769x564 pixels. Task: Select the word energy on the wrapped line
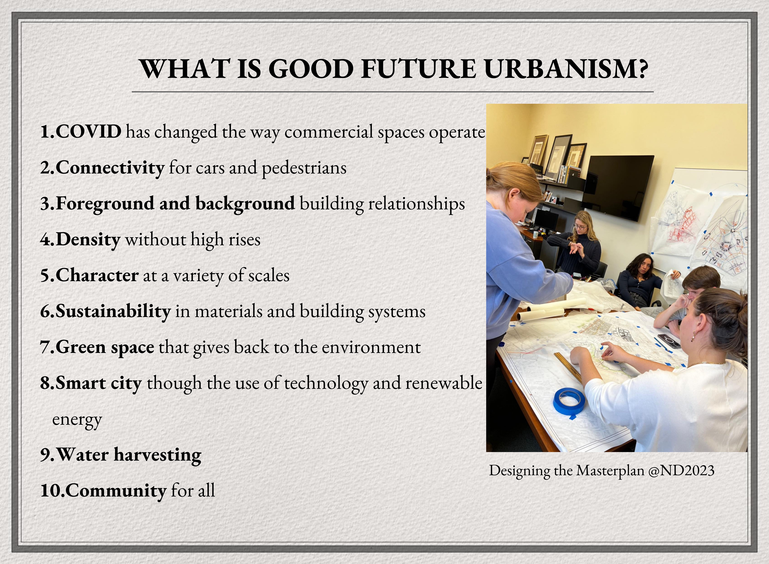[x=77, y=420]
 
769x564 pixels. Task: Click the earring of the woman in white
[x=693, y=338]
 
